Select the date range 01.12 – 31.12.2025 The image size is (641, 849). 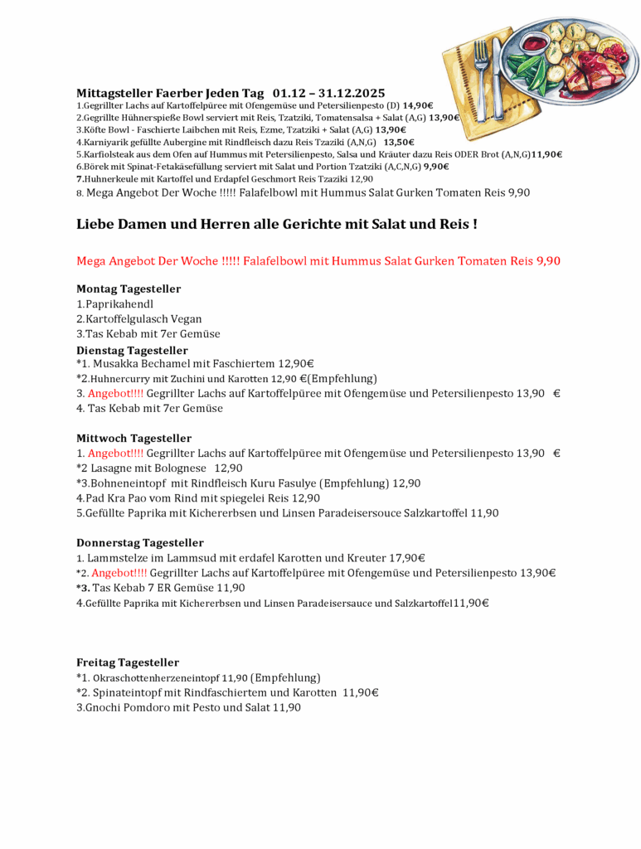point(328,93)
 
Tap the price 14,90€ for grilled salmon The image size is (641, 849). point(418,105)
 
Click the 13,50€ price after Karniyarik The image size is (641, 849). point(399,142)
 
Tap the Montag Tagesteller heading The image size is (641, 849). point(129,289)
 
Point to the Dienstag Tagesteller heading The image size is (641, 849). point(132,351)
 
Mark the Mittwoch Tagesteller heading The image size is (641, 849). point(134,438)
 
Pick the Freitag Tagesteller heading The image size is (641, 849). point(128,662)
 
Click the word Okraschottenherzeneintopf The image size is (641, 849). point(155,678)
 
